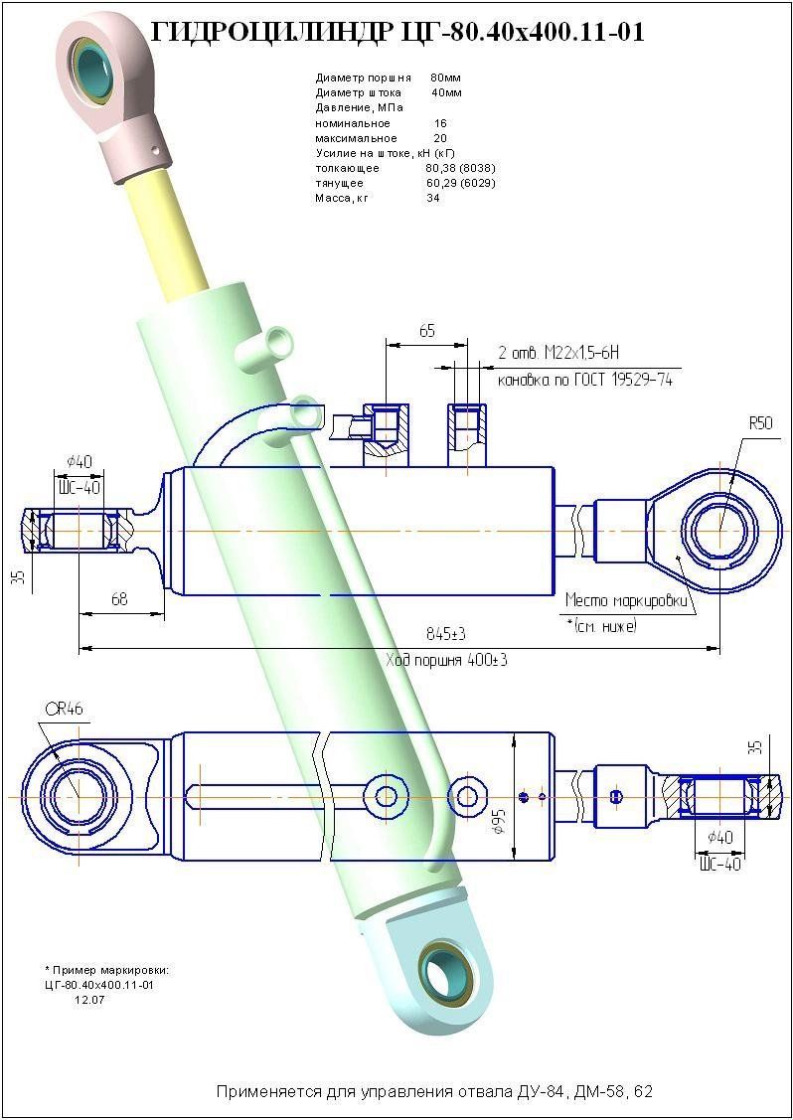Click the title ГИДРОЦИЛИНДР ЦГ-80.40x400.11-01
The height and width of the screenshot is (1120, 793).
coord(396,32)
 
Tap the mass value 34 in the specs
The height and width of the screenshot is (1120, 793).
coord(433,198)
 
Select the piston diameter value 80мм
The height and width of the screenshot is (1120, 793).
coord(445,77)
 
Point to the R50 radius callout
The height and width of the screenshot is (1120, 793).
coord(759,423)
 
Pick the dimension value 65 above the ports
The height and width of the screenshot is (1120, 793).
coord(426,332)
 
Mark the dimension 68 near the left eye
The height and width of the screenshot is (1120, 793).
coord(119,599)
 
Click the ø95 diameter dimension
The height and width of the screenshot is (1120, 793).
coord(500,819)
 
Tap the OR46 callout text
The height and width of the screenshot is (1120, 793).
coord(64,709)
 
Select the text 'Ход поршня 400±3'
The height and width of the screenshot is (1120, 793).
coord(446,660)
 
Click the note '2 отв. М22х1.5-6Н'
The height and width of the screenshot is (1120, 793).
coord(558,354)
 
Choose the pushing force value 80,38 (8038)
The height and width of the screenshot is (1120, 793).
coord(460,168)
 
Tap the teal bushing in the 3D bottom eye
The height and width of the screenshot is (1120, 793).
coord(438,969)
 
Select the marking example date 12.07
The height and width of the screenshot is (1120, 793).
coord(89,1000)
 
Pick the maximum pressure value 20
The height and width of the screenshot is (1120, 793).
coord(440,138)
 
